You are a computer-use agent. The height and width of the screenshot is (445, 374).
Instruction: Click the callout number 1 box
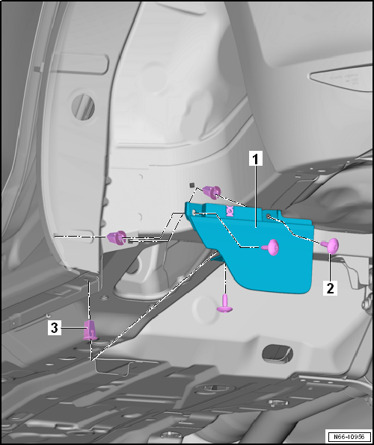click(256, 158)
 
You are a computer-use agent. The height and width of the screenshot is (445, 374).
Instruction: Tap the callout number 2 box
click(330, 288)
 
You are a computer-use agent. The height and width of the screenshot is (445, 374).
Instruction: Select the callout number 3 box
click(55, 328)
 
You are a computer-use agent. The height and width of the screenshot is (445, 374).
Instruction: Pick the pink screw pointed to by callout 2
click(331, 246)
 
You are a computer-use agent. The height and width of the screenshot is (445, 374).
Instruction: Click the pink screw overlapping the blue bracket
click(272, 247)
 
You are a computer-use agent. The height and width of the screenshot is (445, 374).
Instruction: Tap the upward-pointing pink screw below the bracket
click(225, 304)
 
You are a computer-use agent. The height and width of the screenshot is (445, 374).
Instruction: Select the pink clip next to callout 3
click(91, 330)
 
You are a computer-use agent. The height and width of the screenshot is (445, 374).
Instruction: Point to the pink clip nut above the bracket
click(212, 192)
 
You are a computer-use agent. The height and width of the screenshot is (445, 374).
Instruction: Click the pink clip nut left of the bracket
click(117, 238)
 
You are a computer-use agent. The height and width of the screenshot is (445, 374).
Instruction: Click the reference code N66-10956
click(349, 437)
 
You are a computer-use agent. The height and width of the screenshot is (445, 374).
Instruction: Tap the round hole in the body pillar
click(83, 107)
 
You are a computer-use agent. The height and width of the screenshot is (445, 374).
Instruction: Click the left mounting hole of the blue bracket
click(194, 213)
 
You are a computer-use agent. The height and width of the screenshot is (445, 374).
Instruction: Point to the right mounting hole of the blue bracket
click(269, 217)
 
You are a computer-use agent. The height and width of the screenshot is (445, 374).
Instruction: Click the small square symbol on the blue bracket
click(230, 211)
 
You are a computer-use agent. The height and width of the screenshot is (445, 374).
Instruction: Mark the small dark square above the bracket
click(192, 185)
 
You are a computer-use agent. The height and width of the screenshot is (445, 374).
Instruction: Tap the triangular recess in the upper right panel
click(341, 78)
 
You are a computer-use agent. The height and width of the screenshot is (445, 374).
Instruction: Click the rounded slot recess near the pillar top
click(80, 64)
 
